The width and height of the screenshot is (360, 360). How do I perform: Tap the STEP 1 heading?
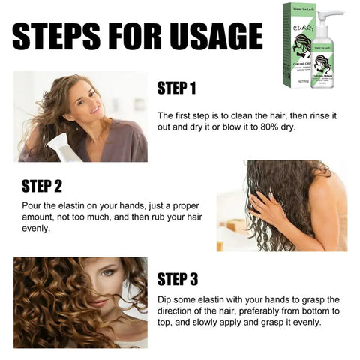(x=176, y=88)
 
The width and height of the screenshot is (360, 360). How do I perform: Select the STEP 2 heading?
(x=42, y=185)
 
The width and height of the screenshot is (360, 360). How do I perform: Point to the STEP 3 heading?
(x=177, y=279)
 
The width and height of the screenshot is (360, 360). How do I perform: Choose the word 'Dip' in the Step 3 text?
(x=166, y=298)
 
